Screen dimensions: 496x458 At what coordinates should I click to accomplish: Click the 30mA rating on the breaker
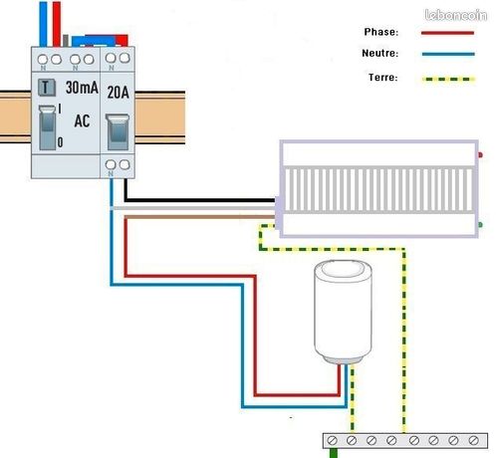pyautogui.click(x=82, y=88)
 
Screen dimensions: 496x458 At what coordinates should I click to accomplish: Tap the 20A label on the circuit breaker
pyautogui.click(x=118, y=92)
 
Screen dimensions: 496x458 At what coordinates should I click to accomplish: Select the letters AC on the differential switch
pyautogui.click(x=82, y=120)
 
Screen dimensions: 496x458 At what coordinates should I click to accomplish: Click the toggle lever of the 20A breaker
pyautogui.click(x=118, y=131)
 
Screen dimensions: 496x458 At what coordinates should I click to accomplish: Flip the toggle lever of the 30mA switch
pyautogui.click(x=47, y=127)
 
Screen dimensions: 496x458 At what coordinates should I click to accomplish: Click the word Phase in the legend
pyautogui.click(x=381, y=32)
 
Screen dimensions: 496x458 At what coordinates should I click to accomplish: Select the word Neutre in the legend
pyautogui.click(x=380, y=53)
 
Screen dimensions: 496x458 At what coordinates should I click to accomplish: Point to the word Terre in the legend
pyautogui.click(x=383, y=78)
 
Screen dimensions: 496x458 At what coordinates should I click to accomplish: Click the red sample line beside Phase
pyautogui.click(x=447, y=33)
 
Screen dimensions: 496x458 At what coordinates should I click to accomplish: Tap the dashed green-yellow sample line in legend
pyautogui.click(x=448, y=80)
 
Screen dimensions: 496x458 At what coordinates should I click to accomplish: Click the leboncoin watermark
pyautogui.click(x=456, y=15)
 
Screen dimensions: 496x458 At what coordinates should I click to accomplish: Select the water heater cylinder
pyautogui.click(x=343, y=312)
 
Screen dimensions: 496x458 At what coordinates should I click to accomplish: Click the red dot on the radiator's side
pyautogui.click(x=480, y=154)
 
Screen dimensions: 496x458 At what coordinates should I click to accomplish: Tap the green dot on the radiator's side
pyautogui.click(x=480, y=225)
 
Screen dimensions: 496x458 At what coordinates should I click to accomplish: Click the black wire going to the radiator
pyautogui.click(x=200, y=200)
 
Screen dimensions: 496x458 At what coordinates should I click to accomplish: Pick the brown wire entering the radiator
pyautogui.click(x=200, y=217)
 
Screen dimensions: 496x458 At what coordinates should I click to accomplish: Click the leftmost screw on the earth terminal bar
pyautogui.click(x=332, y=440)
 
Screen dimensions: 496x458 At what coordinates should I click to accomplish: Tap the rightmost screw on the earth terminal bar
pyautogui.click(x=474, y=440)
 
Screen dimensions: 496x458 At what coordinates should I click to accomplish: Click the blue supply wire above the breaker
pyautogui.click(x=43, y=24)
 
